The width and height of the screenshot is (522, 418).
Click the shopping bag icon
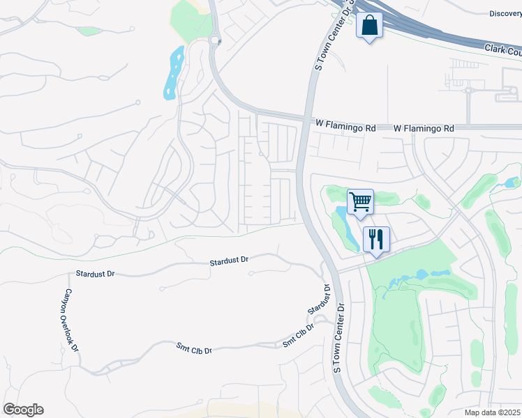[369, 26]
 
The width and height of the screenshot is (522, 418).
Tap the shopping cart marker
[360, 202]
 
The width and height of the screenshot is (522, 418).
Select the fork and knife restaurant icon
[375, 240]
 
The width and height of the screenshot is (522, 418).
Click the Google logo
[23, 410]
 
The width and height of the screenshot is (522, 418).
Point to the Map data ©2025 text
[493, 412]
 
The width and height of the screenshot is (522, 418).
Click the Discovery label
[505, 13]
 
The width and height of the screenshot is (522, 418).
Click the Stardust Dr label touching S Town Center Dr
[319, 299]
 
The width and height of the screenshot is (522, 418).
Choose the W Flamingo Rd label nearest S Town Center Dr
[345, 128]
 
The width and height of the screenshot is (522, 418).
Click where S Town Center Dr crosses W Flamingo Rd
[306, 123]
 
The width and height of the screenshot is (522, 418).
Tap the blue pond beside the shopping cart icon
[345, 227]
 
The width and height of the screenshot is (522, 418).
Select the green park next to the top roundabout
[191, 20]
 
